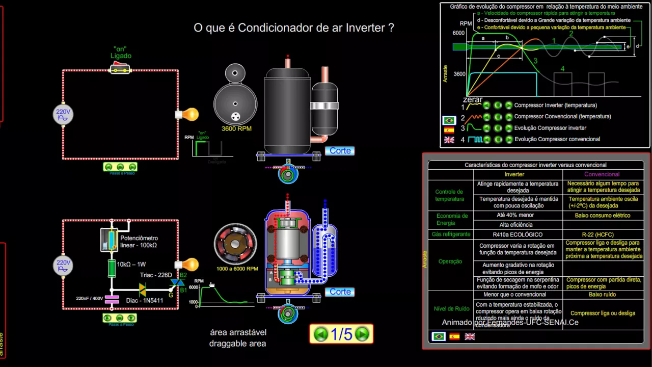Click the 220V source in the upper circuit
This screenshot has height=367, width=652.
pyautogui.click(x=63, y=115)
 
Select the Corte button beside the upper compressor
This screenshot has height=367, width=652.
pyautogui.click(x=340, y=151)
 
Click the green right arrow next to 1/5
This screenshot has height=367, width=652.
pyautogui.click(x=362, y=334)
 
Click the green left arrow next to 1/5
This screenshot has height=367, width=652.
pyautogui.click(x=321, y=334)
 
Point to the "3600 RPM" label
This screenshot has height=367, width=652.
pyautogui.click(x=236, y=129)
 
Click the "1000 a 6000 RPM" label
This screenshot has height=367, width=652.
pyautogui.click(x=237, y=269)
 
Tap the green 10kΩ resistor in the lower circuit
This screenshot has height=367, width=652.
pyautogui.click(x=112, y=267)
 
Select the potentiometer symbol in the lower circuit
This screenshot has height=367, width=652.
pyautogui.click(x=109, y=240)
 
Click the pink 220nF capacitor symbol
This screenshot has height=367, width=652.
pyautogui.click(x=112, y=299)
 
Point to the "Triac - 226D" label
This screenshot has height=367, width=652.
pyautogui.click(x=156, y=275)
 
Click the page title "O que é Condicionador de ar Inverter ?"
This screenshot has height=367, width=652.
pyautogui.click(x=294, y=28)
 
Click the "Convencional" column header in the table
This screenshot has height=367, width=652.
pyautogui.click(x=602, y=174)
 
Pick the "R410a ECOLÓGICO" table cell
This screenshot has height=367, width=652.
pyautogui.click(x=518, y=234)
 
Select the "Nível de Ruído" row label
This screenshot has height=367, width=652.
pyautogui.click(x=451, y=308)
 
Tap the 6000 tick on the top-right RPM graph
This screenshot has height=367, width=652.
pyautogui.click(x=458, y=33)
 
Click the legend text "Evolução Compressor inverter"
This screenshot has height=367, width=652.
pyautogui.click(x=550, y=128)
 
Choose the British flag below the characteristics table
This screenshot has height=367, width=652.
pyautogui.click(x=470, y=337)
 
